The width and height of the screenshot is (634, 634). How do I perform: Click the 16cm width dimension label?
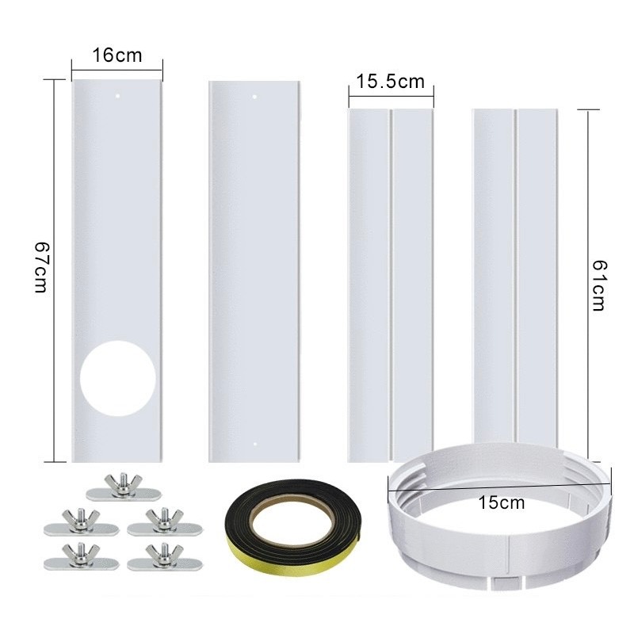tap(117, 55)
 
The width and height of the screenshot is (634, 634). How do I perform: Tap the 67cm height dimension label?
tap(41, 267)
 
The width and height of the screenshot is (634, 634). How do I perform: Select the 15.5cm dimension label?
tap(390, 82)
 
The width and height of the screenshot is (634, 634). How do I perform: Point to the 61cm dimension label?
tap(599, 285)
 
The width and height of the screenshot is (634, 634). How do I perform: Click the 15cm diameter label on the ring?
tap(502, 502)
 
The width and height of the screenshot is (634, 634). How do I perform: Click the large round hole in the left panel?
tap(117, 379)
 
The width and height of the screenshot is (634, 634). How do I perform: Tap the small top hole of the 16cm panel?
tap(117, 96)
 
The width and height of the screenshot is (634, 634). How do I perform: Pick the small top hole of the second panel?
tap(254, 97)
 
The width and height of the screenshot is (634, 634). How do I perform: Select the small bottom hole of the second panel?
tap(254, 444)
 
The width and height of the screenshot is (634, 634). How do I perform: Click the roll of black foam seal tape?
tap(294, 529)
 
